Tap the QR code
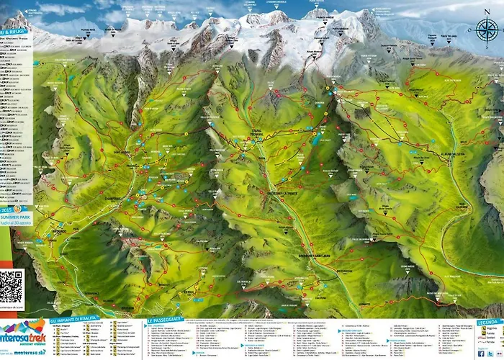[12, 285]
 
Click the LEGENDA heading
[489, 322]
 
